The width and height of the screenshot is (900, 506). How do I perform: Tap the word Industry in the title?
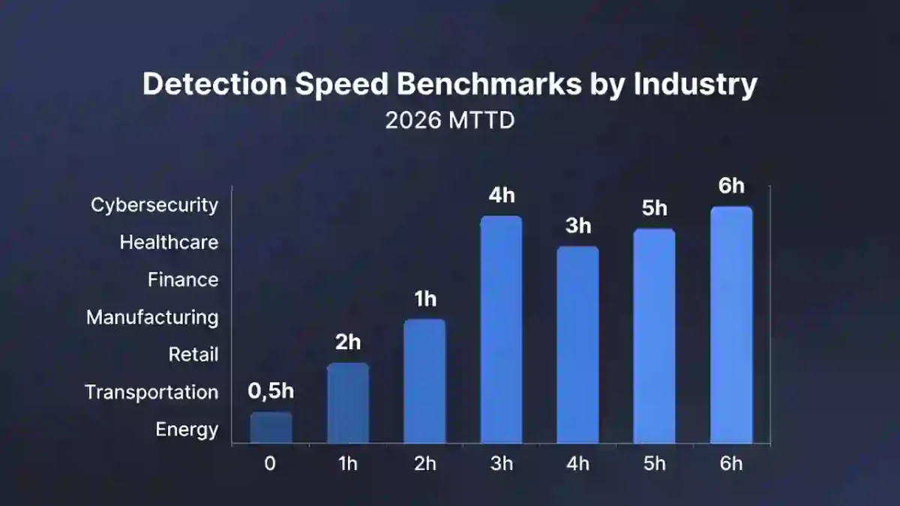tap(695, 85)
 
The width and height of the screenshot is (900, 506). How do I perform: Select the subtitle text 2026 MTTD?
tap(450, 121)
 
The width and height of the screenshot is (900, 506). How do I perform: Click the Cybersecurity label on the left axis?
tap(154, 205)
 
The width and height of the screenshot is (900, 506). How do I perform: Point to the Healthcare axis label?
tap(169, 242)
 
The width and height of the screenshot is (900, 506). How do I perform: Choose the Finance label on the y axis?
tap(183, 280)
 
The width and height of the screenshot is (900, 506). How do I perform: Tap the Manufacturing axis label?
tap(152, 317)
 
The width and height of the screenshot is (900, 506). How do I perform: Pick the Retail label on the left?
tap(193, 355)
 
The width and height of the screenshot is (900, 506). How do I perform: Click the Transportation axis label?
tap(151, 392)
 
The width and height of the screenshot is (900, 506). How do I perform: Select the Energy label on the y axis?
tap(187, 430)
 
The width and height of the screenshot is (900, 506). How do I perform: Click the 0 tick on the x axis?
tap(270, 463)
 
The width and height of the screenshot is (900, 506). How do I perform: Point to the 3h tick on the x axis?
tap(501, 463)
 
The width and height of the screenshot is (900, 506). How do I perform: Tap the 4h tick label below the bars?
tap(578, 463)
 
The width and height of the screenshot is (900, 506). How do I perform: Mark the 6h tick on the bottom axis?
tap(731, 463)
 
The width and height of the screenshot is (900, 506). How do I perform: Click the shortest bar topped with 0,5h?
tap(271, 427)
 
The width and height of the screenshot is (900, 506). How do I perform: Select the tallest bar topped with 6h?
tap(731, 325)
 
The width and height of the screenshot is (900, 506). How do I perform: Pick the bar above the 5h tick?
tap(654, 336)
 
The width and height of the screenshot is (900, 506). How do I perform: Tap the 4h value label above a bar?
tap(501, 196)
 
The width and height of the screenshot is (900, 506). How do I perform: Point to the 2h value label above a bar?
tap(347, 343)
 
